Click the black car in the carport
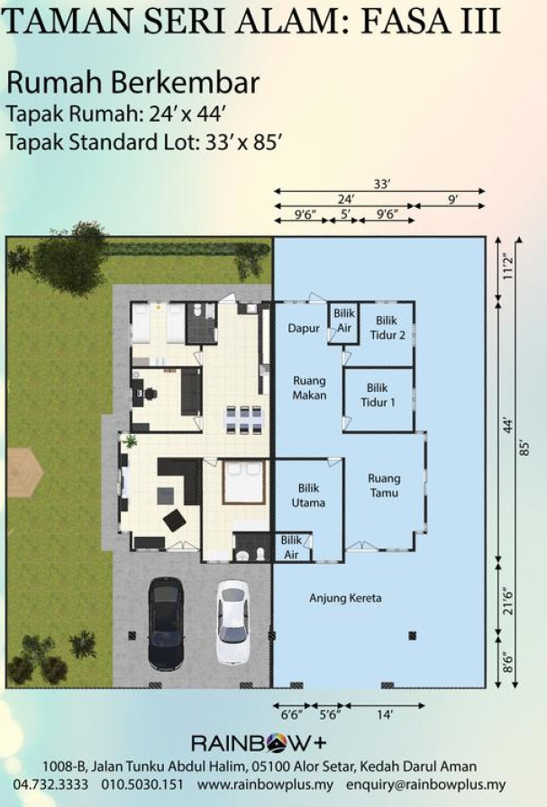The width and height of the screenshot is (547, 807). pos(166,622)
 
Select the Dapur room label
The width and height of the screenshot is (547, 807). pos(304,329)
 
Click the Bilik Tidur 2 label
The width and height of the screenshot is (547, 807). pos(387,328)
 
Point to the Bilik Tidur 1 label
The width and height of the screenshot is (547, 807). pos(378,394)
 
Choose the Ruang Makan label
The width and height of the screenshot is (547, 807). pos(310,388)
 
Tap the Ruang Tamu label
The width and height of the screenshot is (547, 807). pos(384,485)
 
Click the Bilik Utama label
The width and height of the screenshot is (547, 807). pos(308,495)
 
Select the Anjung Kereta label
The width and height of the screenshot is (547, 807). pos(345,598)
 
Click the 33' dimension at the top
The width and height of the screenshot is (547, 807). pos(382,184)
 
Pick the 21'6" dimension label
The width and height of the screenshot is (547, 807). pos(508,601)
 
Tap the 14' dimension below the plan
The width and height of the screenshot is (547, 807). pos(385,715)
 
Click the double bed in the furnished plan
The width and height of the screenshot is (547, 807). pos(244,482)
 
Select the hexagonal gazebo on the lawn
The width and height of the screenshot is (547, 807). pos(24,472)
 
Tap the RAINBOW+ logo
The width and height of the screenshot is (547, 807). pos(259,743)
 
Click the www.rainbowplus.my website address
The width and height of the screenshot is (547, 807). pos(265,784)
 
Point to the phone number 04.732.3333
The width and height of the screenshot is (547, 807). pos(51,784)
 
